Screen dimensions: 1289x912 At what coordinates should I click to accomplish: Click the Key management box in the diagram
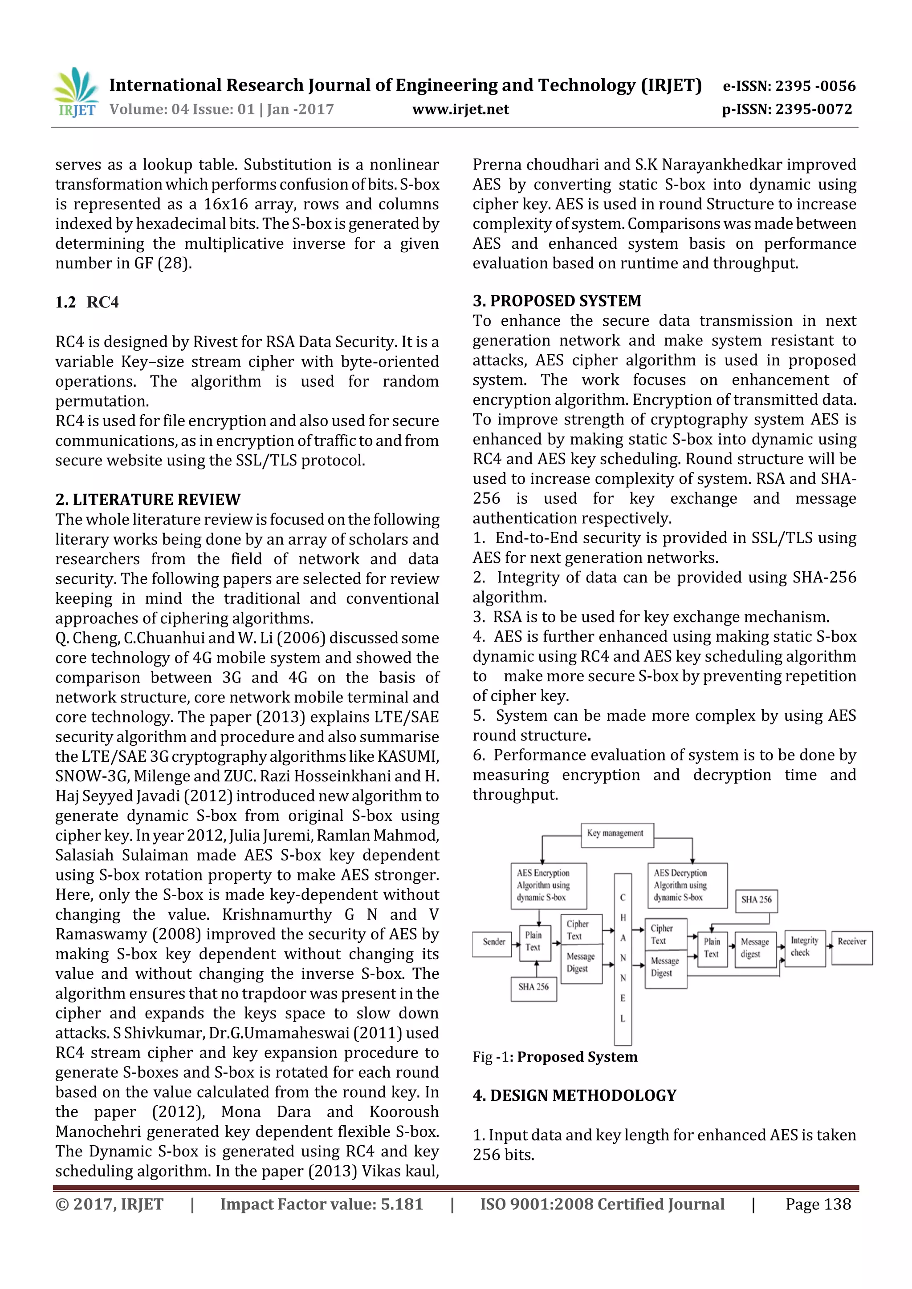tap(616, 835)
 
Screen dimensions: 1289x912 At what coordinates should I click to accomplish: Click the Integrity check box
tap(804, 948)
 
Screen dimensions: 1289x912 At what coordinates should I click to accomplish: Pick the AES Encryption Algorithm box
tap(548, 885)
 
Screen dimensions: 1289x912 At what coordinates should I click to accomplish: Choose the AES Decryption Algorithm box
tap(686, 885)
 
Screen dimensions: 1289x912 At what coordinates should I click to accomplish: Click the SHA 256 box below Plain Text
tap(533, 989)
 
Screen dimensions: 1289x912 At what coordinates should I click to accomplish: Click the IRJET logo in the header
tap(76, 93)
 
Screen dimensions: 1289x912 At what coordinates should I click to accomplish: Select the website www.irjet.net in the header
tap(460, 109)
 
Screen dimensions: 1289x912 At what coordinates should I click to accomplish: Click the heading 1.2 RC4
tap(87, 302)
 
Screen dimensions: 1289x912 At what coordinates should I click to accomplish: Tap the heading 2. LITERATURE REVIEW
tap(148, 499)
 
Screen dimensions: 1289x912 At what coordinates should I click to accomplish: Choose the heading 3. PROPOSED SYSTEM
tap(556, 300)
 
